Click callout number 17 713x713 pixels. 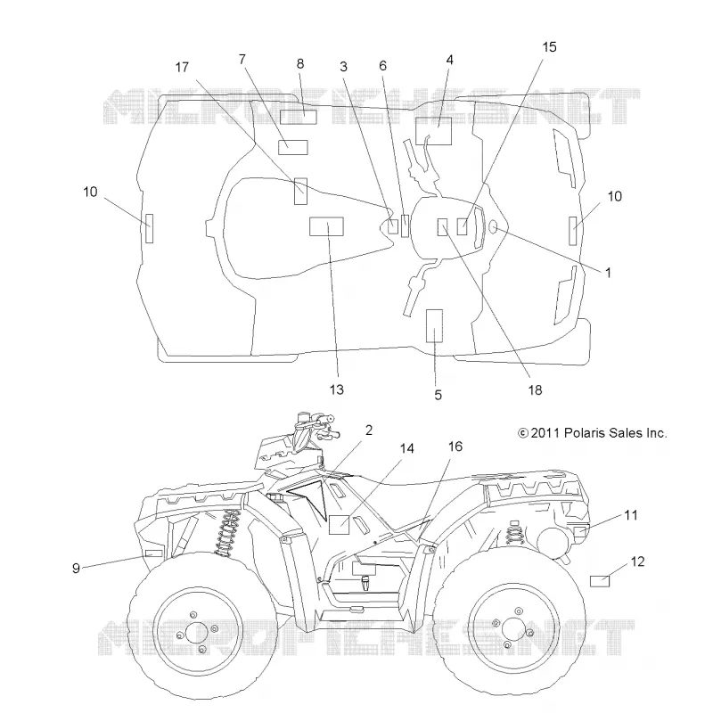click(x=182, y=68)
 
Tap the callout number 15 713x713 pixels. click(x=549, y=47)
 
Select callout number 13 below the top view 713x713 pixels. click(x=337, y=389)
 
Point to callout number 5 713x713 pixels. click(x=438, y=395)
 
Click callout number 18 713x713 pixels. click(x=536, y=390)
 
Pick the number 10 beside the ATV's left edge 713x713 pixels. click(x=91, y=192)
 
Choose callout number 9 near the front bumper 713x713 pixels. click(x=76, y=568)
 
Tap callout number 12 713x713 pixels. click(x=637, y=561)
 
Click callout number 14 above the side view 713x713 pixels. click(x=406, y=449)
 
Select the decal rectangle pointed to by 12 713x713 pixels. click(x=599, y=581)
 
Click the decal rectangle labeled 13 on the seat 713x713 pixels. click(x=326, y=226)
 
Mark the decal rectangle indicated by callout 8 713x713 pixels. click(x=299, y=117)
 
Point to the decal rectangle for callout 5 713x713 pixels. click(x=434, y=325)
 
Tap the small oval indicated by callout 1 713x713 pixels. click(x=494, y=226)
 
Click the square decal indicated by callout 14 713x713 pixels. click(x=339, y=525)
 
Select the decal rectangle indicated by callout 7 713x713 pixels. click(x=293, y=147)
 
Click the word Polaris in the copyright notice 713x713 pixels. click(x=585, y=433)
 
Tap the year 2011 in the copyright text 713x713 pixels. click(x=545, y=433)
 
